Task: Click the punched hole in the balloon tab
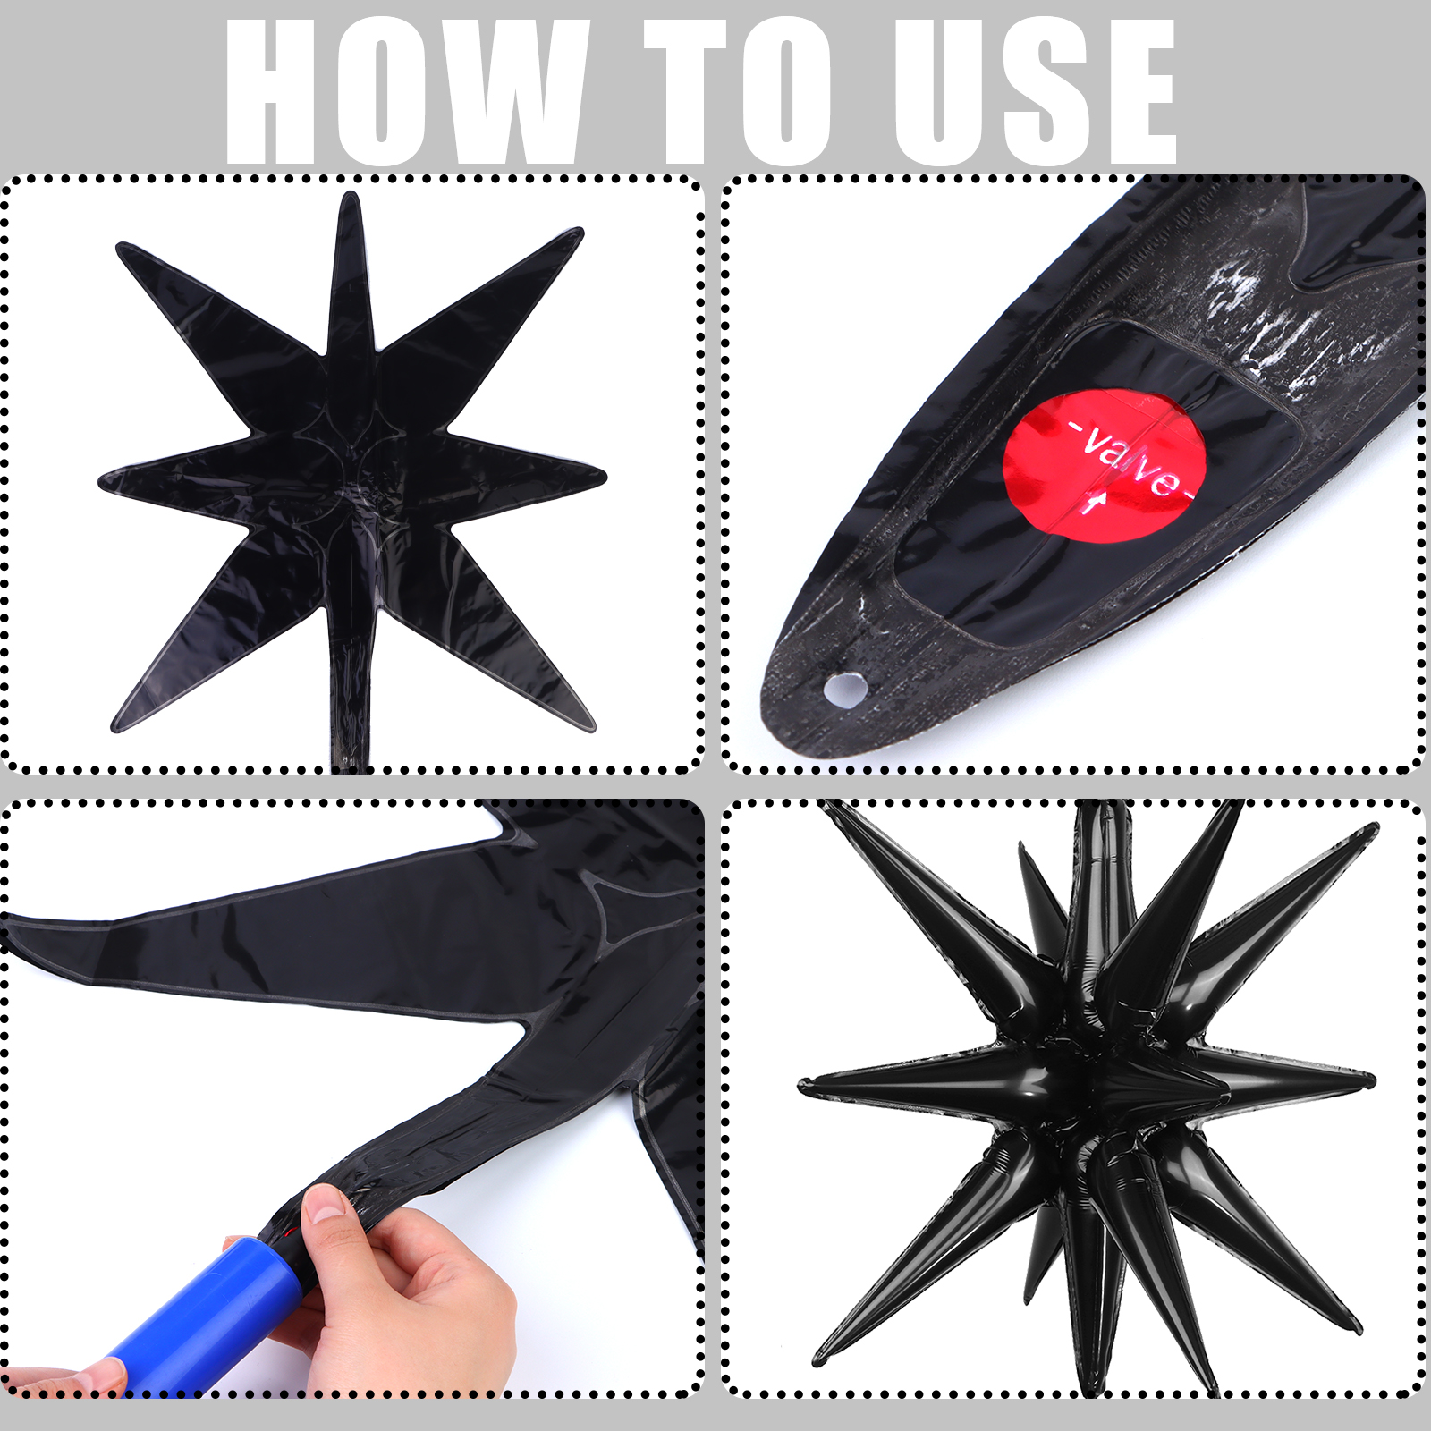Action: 844,689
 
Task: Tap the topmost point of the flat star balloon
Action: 350,194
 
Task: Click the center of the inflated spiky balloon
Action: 1096,1078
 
